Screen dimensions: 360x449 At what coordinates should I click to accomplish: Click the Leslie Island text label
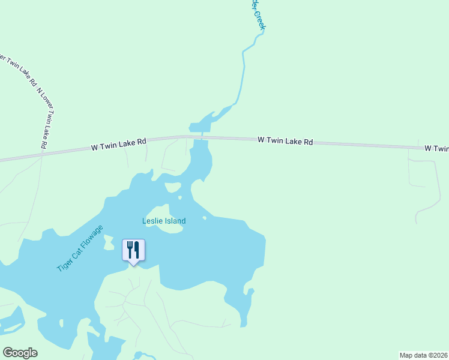coord(164,221)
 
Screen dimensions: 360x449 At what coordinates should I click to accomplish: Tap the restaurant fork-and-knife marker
coord(133,250)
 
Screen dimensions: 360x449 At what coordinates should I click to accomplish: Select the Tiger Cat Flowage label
coord(80,248)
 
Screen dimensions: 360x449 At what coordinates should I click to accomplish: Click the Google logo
coord(20,353)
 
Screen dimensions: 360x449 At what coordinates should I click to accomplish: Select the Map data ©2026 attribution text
coord(423,355)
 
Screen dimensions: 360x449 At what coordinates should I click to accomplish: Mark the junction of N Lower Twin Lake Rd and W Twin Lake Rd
coord(41,155)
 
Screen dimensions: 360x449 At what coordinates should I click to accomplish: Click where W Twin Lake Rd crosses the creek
coord(202,137)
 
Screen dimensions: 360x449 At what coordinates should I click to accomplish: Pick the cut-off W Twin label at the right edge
coord(436,148)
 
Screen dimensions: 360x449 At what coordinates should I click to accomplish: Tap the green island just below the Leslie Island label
coord(163,233)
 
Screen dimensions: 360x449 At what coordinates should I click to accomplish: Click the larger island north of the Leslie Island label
coord(173,187)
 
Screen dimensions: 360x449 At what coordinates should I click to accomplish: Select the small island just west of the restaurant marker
coord(109,242)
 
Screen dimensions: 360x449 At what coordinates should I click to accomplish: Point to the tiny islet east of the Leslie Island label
coord(205,218)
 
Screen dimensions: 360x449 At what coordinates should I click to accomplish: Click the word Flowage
coord(91,238)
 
